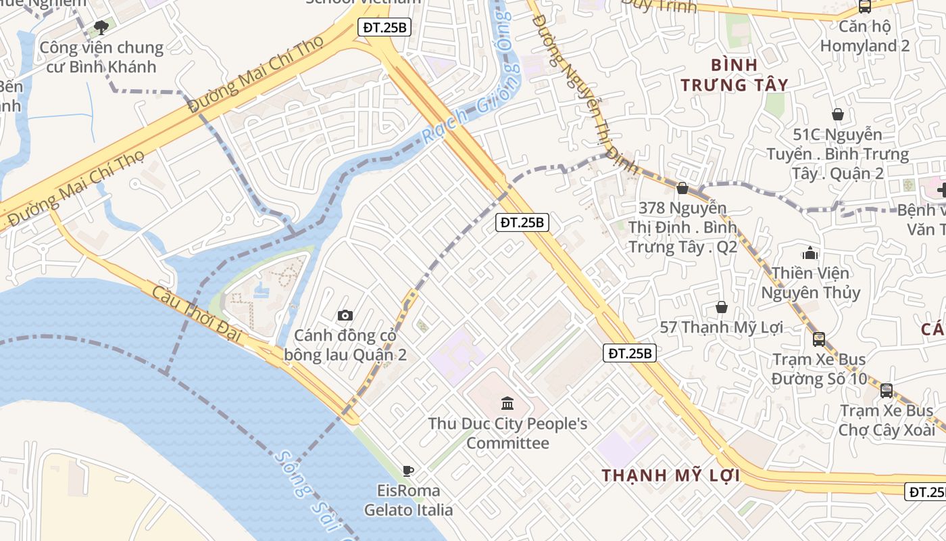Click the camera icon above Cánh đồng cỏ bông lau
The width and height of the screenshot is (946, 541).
point(345,315)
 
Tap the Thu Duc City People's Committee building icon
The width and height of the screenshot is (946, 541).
point(507,404)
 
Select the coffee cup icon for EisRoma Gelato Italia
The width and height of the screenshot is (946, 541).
point(407,471)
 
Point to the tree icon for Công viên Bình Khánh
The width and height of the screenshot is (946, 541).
point(101,28)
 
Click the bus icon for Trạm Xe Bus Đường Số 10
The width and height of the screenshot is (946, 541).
point(818,339)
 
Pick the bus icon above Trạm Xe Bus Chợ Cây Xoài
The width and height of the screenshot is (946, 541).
point(886,390)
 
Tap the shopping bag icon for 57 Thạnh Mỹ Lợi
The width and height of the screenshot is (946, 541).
point(721,307)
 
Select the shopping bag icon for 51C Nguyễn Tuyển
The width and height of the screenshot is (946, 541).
point(837,114)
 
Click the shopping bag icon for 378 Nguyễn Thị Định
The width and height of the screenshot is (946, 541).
point(682,188)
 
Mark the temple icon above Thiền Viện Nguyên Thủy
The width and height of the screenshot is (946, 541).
point(810,254)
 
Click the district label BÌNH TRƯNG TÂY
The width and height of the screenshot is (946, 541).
point(734,75)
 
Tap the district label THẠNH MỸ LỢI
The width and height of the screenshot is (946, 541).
point(670,475)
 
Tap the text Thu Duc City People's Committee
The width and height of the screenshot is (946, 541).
point(507,433)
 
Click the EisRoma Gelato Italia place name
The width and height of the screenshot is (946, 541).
point(408,500)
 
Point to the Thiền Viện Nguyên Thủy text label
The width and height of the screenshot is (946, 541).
point(810,283)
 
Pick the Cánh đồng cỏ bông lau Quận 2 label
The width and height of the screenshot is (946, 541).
point(345,345)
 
